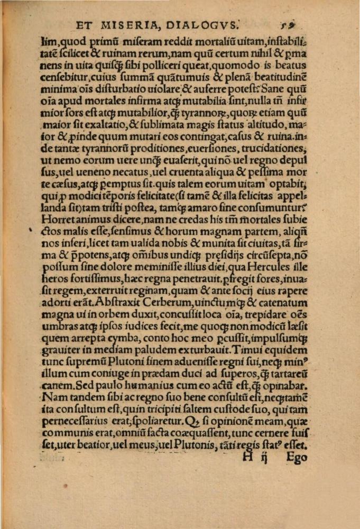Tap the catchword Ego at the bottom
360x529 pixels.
coord(297,457)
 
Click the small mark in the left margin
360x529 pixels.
coord(31,229)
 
